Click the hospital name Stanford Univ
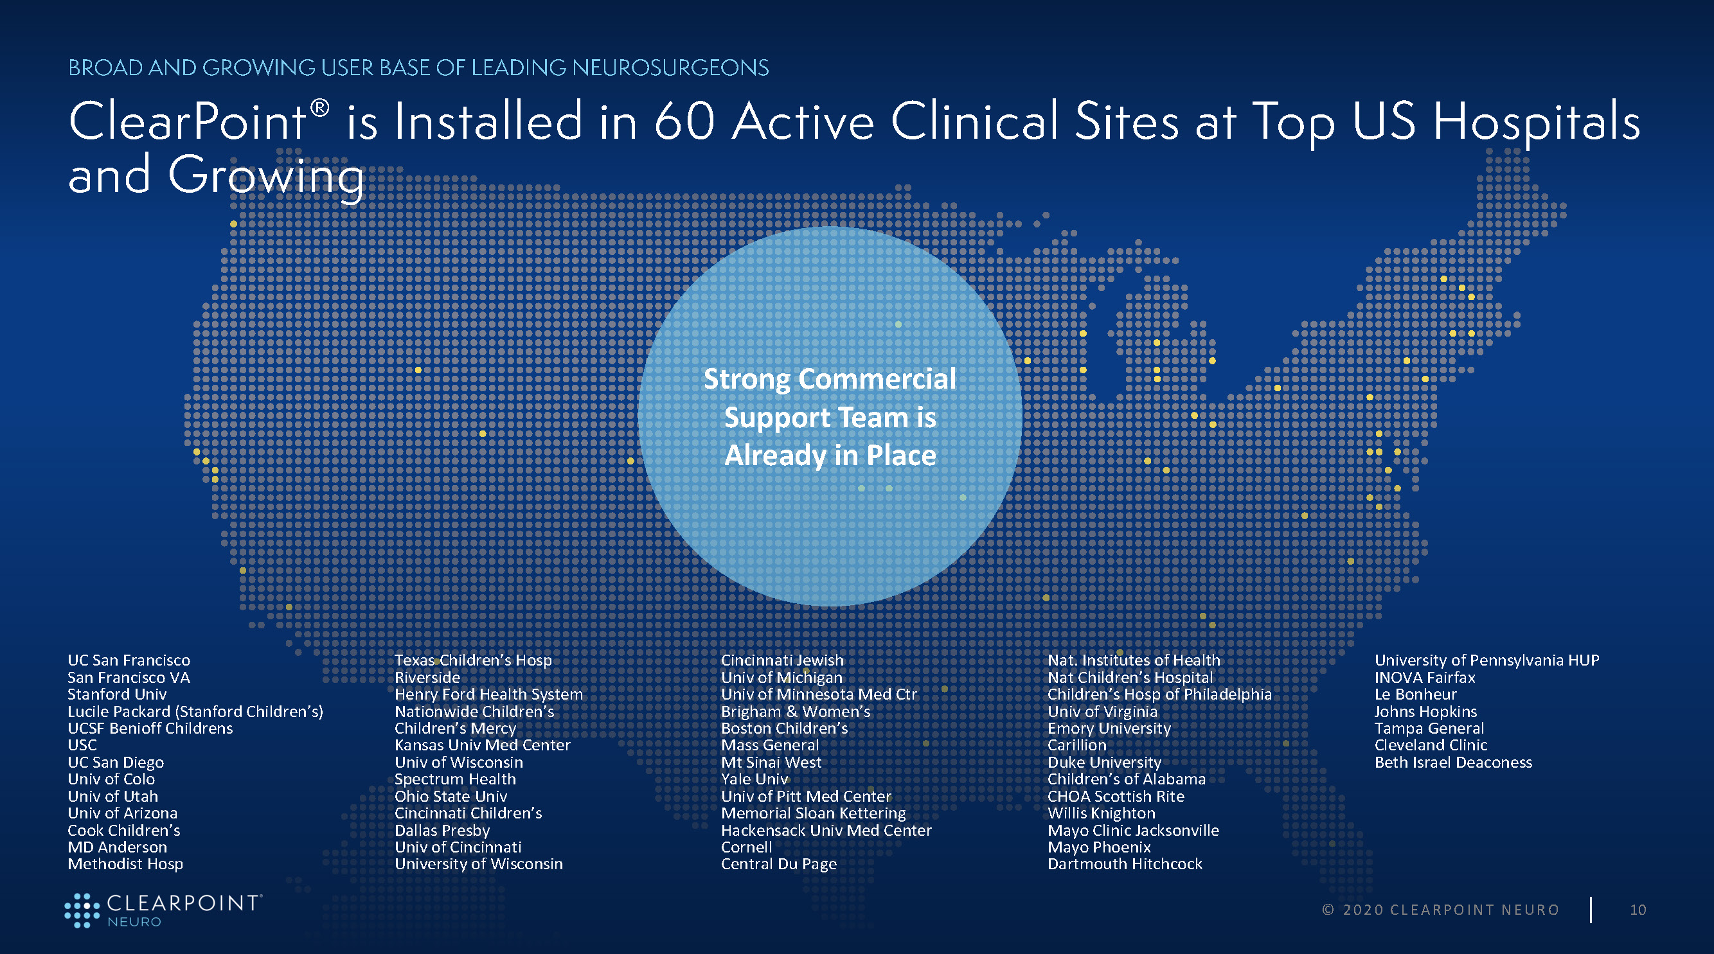117,694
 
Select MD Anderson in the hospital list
117,847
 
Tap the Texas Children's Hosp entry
473,660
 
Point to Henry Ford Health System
488,694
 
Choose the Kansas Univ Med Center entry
483,745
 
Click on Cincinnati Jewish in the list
783,660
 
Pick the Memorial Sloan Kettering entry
814,813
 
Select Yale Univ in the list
754,779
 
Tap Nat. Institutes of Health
1134,660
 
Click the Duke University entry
1105,763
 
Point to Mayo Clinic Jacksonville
1133,830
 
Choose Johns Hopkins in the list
1426,711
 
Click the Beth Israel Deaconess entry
1453,763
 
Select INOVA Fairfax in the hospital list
1425,677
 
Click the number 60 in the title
684,122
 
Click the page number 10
1638,910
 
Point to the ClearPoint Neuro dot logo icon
82,910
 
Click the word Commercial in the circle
877,379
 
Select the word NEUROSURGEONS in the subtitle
670,67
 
